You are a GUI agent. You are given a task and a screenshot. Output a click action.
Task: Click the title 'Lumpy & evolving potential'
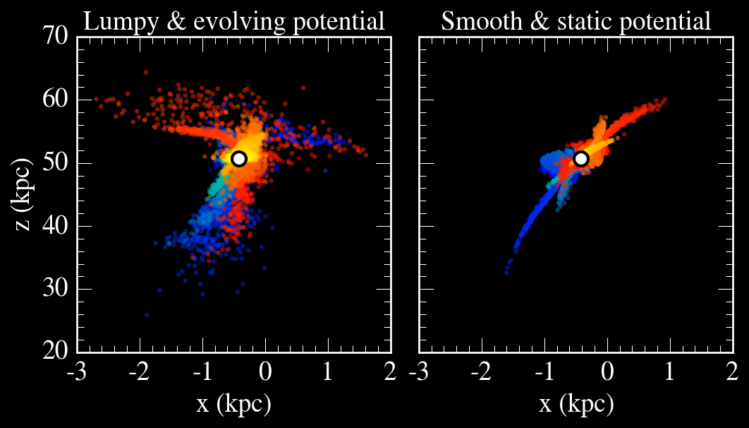click(x=234, y=21)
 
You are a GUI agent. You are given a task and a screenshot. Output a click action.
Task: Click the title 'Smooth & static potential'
click(x=576, y=21)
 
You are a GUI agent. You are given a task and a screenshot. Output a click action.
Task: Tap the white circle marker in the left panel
click(x=238, y=158)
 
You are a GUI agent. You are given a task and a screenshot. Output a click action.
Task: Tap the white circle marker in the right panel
click(x=580, y=158)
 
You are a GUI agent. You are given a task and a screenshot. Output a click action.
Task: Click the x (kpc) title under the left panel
click(x=233, y=405)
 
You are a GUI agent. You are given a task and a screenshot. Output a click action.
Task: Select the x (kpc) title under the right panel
click(x=576, y=405)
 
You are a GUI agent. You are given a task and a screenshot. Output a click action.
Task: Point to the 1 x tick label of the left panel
click(x=327, y=371)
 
